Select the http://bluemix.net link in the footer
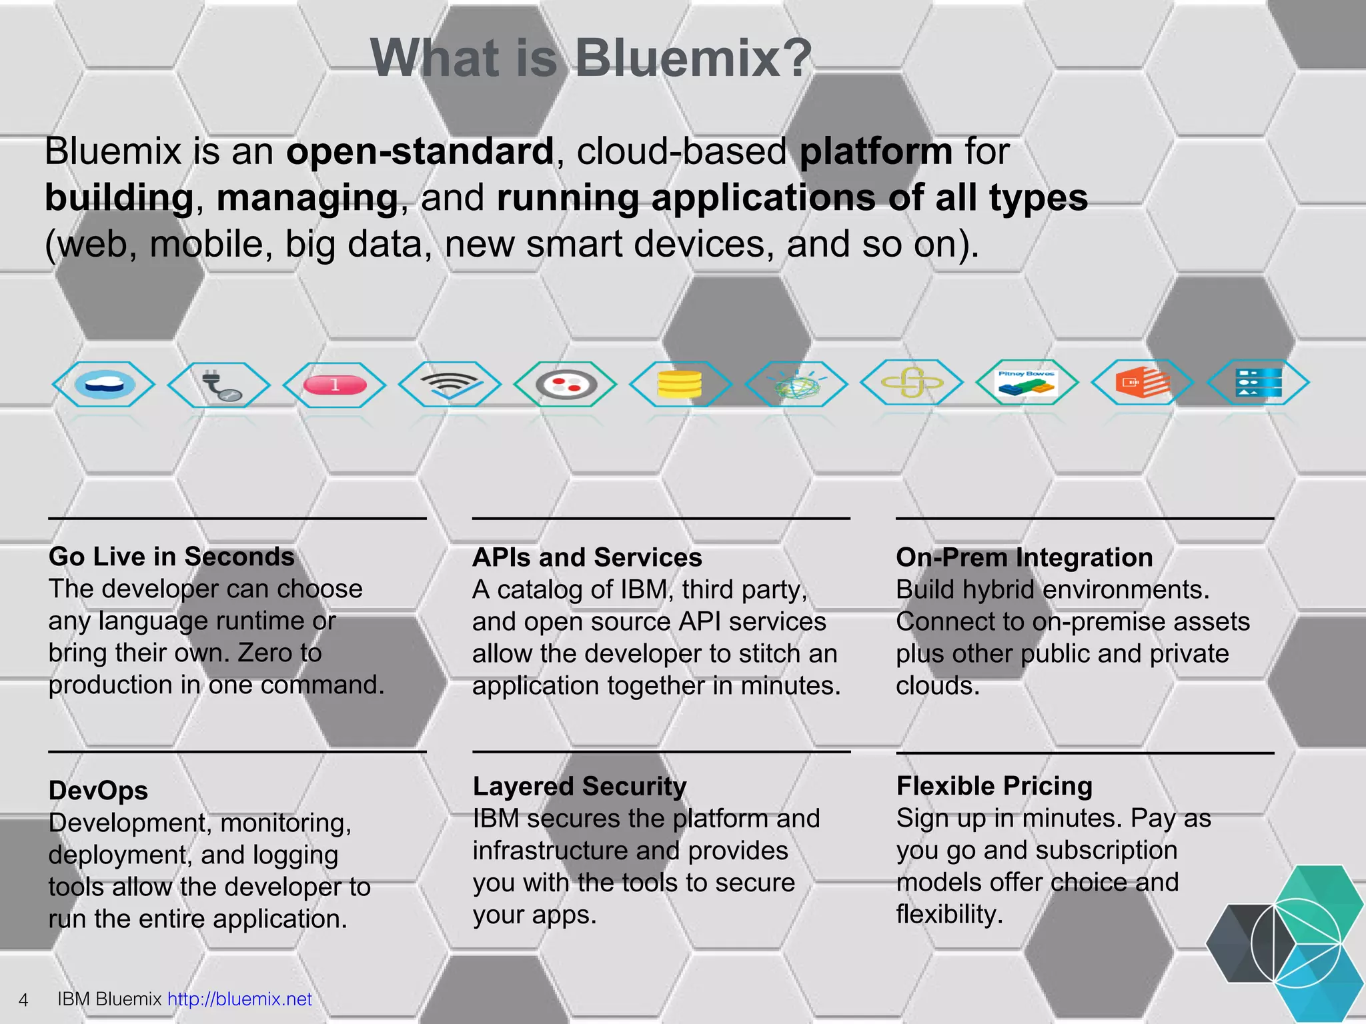(239, 999)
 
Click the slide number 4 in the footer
(23, 1000)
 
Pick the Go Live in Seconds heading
(171, 557)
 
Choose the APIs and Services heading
(587, 557)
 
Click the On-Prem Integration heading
(1024, 557)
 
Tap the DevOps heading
(98, 791)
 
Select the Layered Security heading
(580, 787)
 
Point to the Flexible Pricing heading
(994, 786)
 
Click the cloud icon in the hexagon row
(104, 384)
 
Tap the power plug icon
(220, 385)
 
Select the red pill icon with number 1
(335, 385)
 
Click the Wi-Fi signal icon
(450, 384)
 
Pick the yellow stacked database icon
(679, 384)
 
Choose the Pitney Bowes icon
(1027, 383)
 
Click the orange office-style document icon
(1142, 383)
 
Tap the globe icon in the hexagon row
(795, 385)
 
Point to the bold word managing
(307, 199)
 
